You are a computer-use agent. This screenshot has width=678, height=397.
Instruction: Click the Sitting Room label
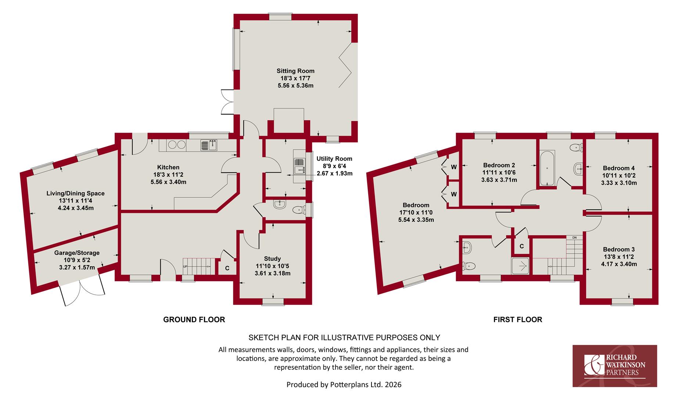[295, 71]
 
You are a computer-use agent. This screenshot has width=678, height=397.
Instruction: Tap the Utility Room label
[334, 159]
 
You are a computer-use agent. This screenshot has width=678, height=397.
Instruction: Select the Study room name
[272, 259]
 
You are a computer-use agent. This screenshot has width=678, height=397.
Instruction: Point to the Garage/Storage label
[77, 253]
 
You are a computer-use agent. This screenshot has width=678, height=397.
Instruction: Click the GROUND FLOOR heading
[194, 320]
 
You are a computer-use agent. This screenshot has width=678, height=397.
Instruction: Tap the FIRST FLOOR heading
[517, 320]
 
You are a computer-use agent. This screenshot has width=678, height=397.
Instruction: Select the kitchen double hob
[177, 145]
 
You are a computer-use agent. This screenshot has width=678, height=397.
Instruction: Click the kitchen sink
[209, 145]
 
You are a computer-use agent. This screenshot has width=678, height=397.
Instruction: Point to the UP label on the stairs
[185, 267]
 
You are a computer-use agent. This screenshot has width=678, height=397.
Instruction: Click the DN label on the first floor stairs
[574, 238]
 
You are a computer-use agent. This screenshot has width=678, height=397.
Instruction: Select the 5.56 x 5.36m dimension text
[295, 86]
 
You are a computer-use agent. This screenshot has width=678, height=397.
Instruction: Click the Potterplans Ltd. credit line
[344, 385]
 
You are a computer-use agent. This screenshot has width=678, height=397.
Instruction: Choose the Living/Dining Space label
[75, 193]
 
